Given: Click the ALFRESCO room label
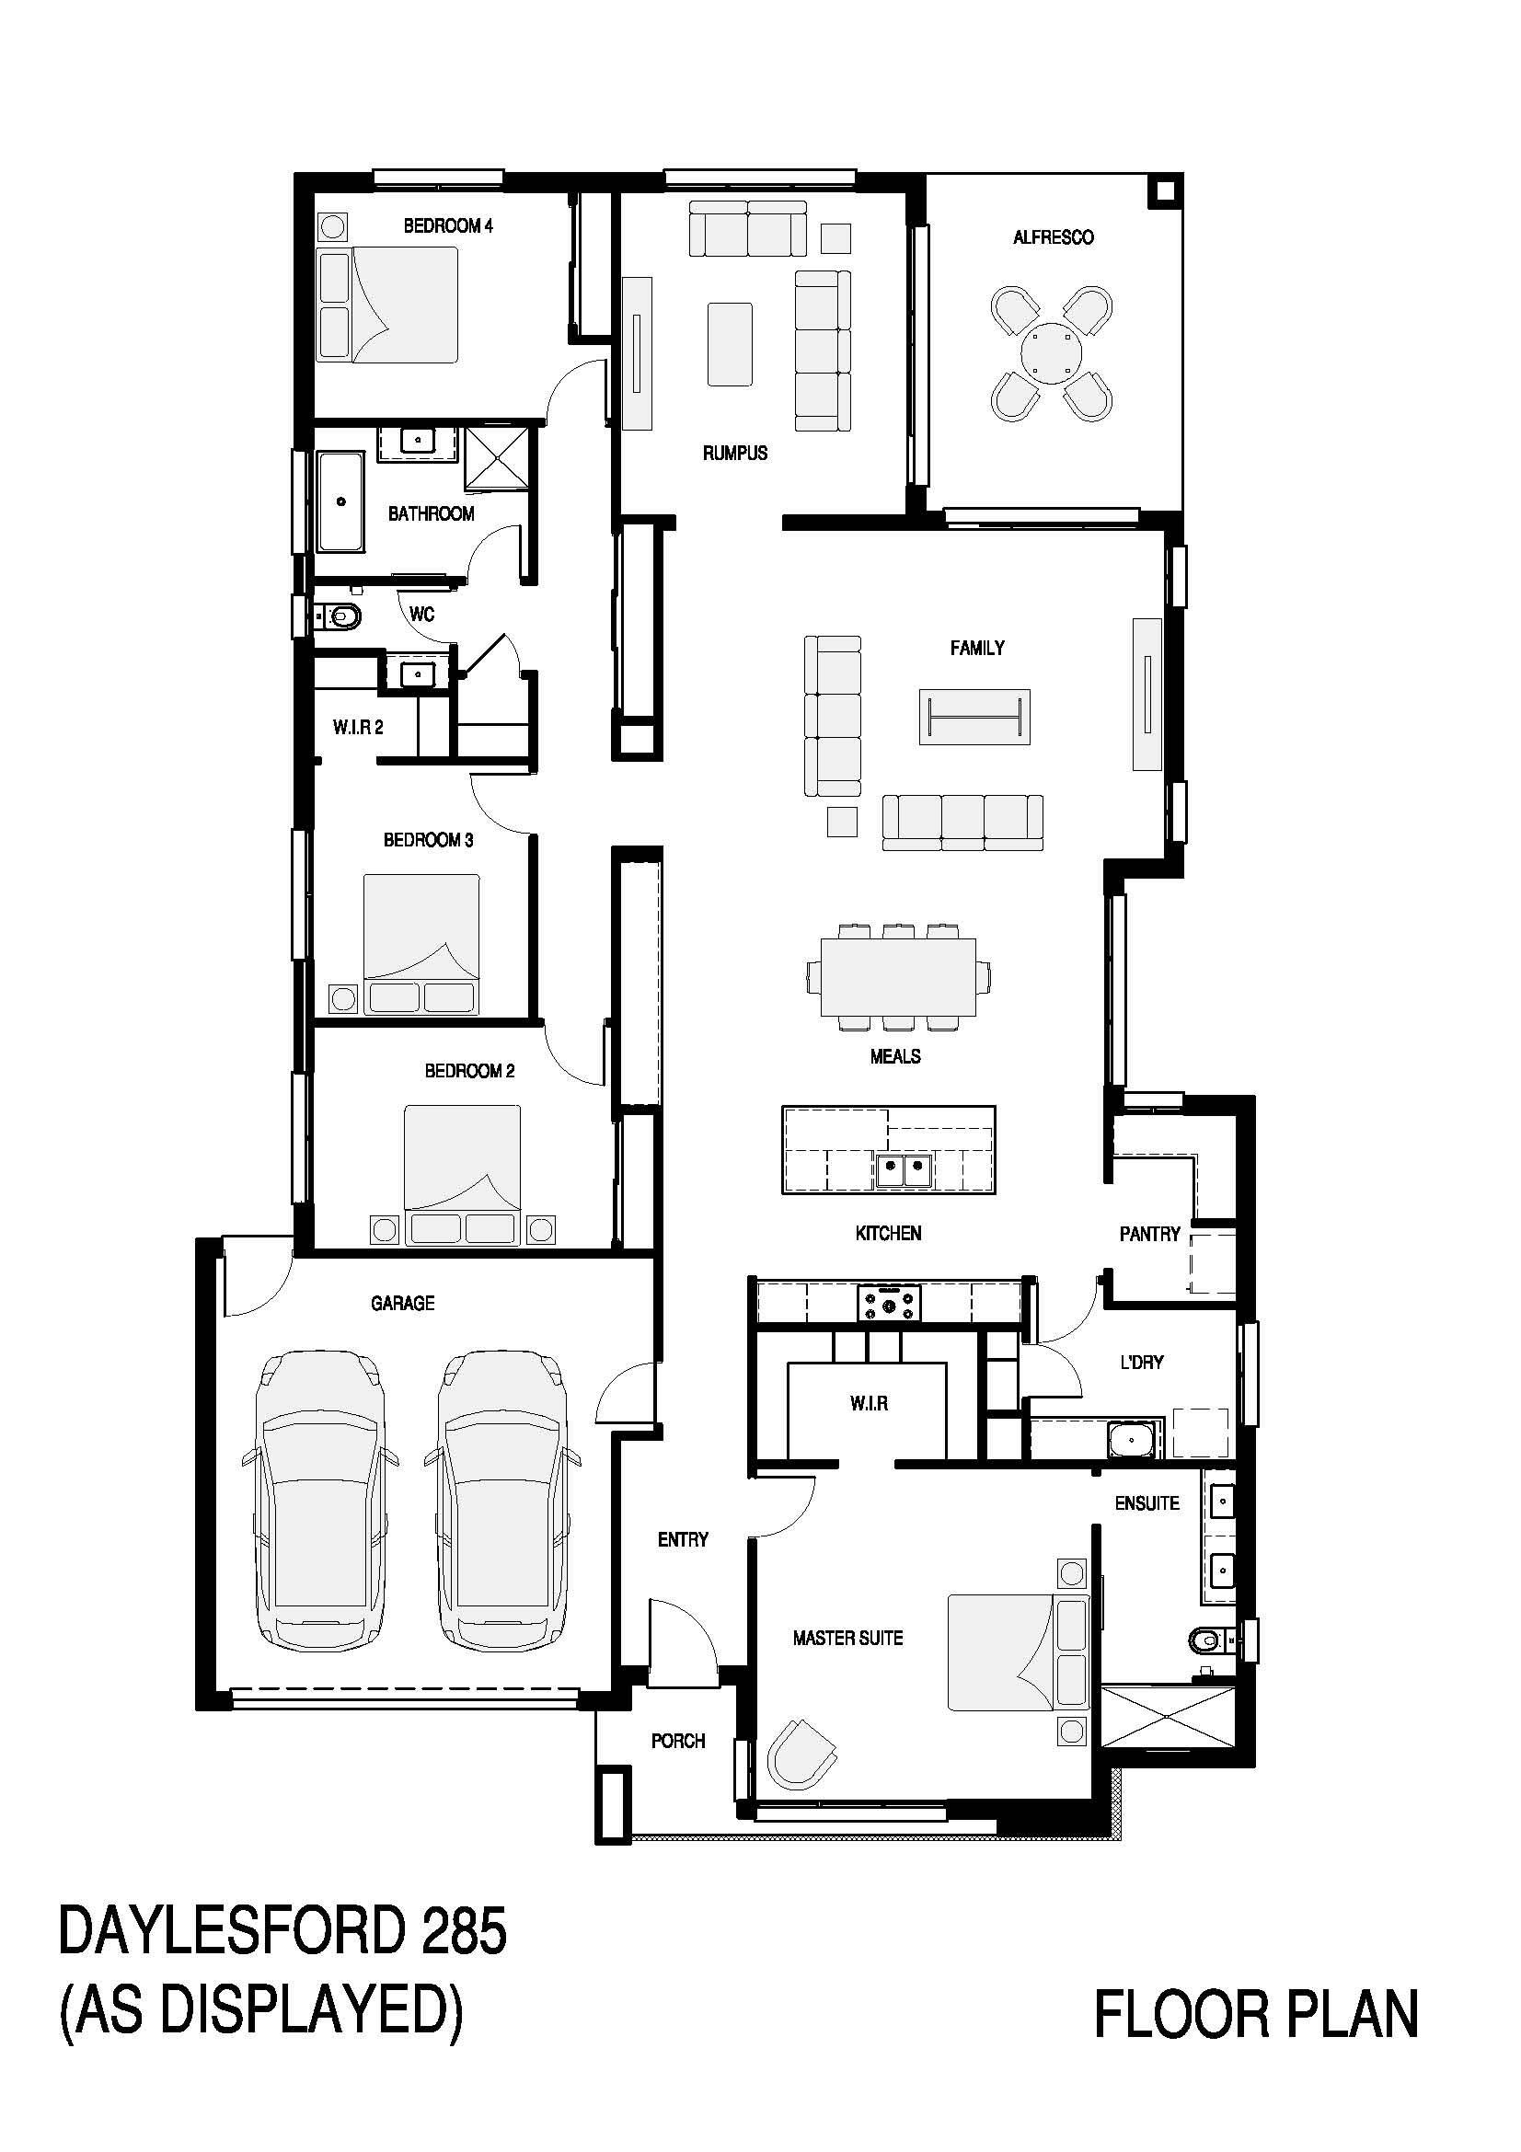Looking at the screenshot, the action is tap(1053, 237).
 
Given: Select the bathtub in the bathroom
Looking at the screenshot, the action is tap(341, 501).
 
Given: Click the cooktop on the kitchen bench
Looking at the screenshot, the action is tap(889, 1303).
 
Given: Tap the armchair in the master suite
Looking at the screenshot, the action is tap(801, 1754).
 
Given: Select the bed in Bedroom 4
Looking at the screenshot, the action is tap(388, 305).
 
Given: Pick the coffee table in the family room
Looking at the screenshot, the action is tap(974, 717).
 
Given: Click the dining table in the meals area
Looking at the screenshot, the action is tap(898, 977).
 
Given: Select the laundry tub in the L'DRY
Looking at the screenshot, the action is tap(1134, 1438).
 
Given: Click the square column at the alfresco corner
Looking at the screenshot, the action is tap(1166, 191).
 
